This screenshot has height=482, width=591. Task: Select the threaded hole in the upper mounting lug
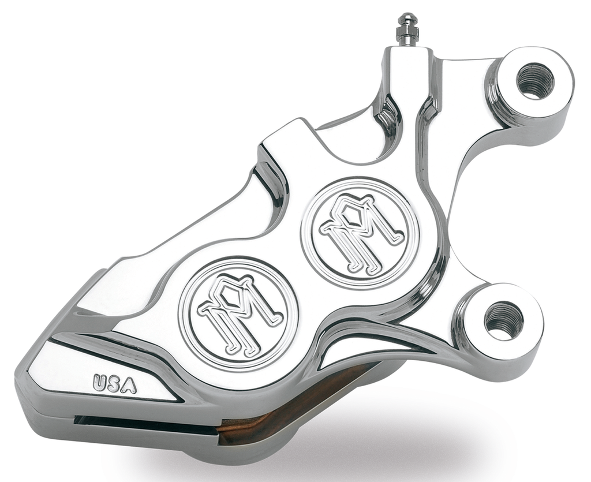535,81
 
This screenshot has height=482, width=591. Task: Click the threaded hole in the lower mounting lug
504,320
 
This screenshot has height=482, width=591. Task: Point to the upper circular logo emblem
360,234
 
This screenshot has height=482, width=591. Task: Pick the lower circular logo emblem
238,313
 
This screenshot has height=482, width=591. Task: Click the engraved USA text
115,383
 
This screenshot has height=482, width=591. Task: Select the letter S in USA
114,383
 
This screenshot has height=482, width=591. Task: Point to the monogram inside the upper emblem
360,234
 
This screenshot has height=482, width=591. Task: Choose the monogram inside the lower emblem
238,313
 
